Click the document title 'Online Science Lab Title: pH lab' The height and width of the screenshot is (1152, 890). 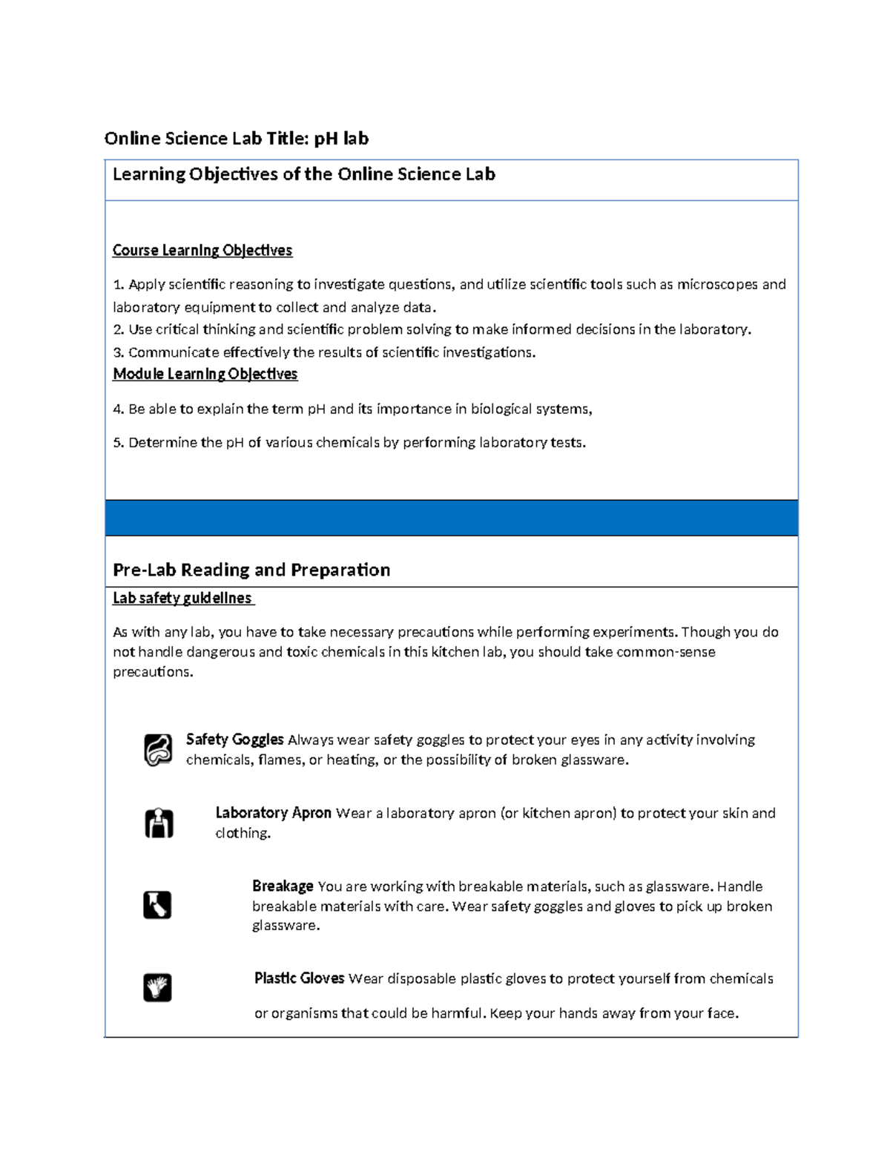click(x=236, y=139)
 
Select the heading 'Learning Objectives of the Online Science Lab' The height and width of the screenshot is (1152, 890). click(x=303, y=174)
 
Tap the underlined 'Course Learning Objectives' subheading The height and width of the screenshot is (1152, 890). click(x=202, y=251)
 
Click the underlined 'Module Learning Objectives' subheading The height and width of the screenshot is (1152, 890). click(x=205, y=374)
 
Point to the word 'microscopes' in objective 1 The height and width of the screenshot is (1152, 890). click(x=717, y=284)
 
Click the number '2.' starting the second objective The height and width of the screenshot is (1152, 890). click(x=119, y=329)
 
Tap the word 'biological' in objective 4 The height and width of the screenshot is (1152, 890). click(x=501, y=409)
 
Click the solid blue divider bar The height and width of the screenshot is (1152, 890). click(x=451, y=518)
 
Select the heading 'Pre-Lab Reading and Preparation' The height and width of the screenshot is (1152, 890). click(x=251, y=570)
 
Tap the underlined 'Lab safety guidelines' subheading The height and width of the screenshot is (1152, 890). click(x=182, y=598)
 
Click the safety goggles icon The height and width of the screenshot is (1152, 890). click(x=158, y=749)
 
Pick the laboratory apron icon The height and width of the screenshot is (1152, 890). click(x=158, y=823)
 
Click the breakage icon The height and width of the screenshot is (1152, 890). click(x=157, y=905)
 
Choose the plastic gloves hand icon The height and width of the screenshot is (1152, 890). click(x=157, y=987)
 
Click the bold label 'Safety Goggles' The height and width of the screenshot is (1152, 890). click(x=234, y=740)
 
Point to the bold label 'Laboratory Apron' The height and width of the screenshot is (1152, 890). click(x=273, y=813)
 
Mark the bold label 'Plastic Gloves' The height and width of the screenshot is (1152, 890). click(x=299, y=978)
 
